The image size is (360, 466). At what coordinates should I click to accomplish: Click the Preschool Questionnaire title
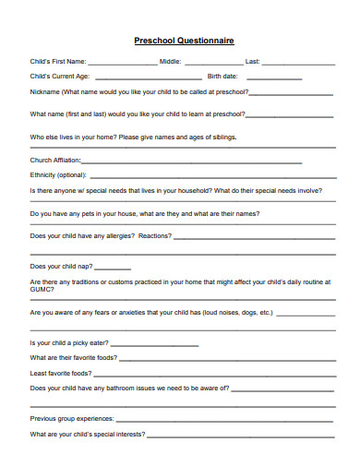point(184,41)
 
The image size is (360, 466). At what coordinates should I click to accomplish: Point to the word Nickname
point(45,93)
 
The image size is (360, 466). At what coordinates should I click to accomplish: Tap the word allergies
point(114,235)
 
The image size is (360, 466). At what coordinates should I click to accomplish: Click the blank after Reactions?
point(253,237)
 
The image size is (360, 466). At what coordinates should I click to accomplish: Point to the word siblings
point(222,137)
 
